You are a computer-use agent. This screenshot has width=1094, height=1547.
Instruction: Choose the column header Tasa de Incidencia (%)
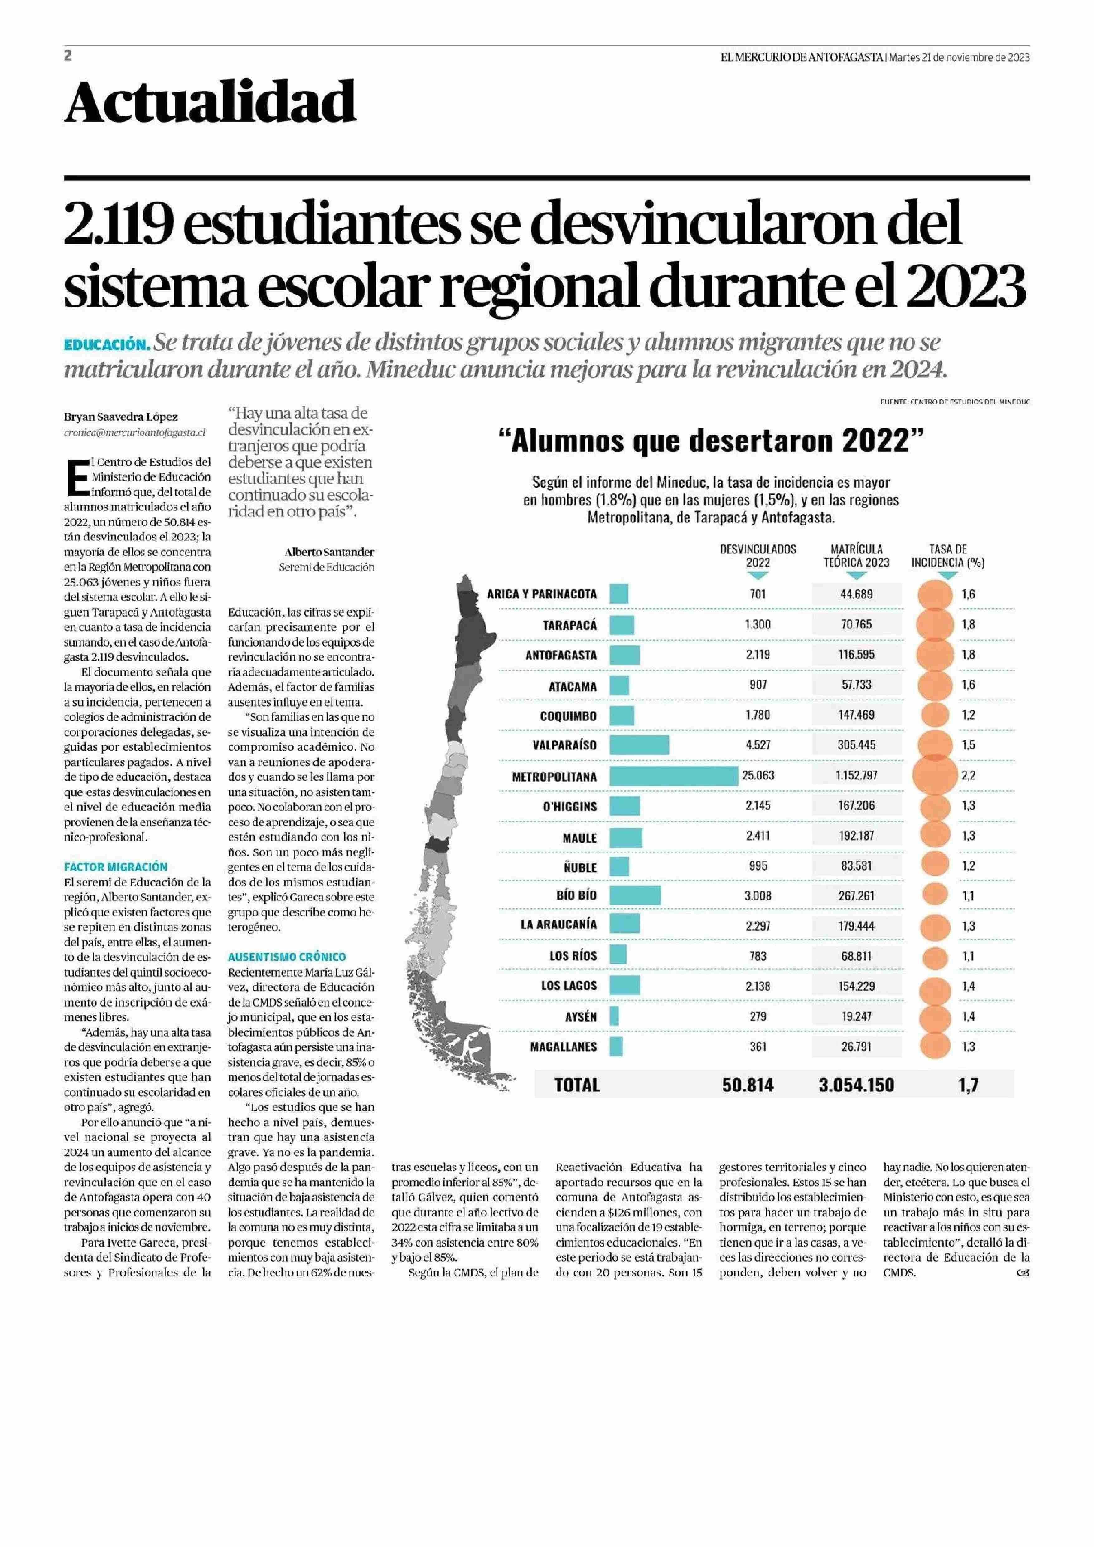(948, 556)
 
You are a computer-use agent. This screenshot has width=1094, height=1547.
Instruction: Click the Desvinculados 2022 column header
(758, 556)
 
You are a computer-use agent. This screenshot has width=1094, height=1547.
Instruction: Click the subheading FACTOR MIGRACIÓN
(116, 867)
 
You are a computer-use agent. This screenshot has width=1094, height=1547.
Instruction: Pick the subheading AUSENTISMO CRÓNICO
(287, 957)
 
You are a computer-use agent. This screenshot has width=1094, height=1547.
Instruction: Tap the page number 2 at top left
(68, 56)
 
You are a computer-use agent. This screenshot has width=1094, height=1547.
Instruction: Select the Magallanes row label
(563, 1047)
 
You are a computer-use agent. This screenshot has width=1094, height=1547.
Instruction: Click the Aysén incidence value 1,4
(968, 1017)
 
